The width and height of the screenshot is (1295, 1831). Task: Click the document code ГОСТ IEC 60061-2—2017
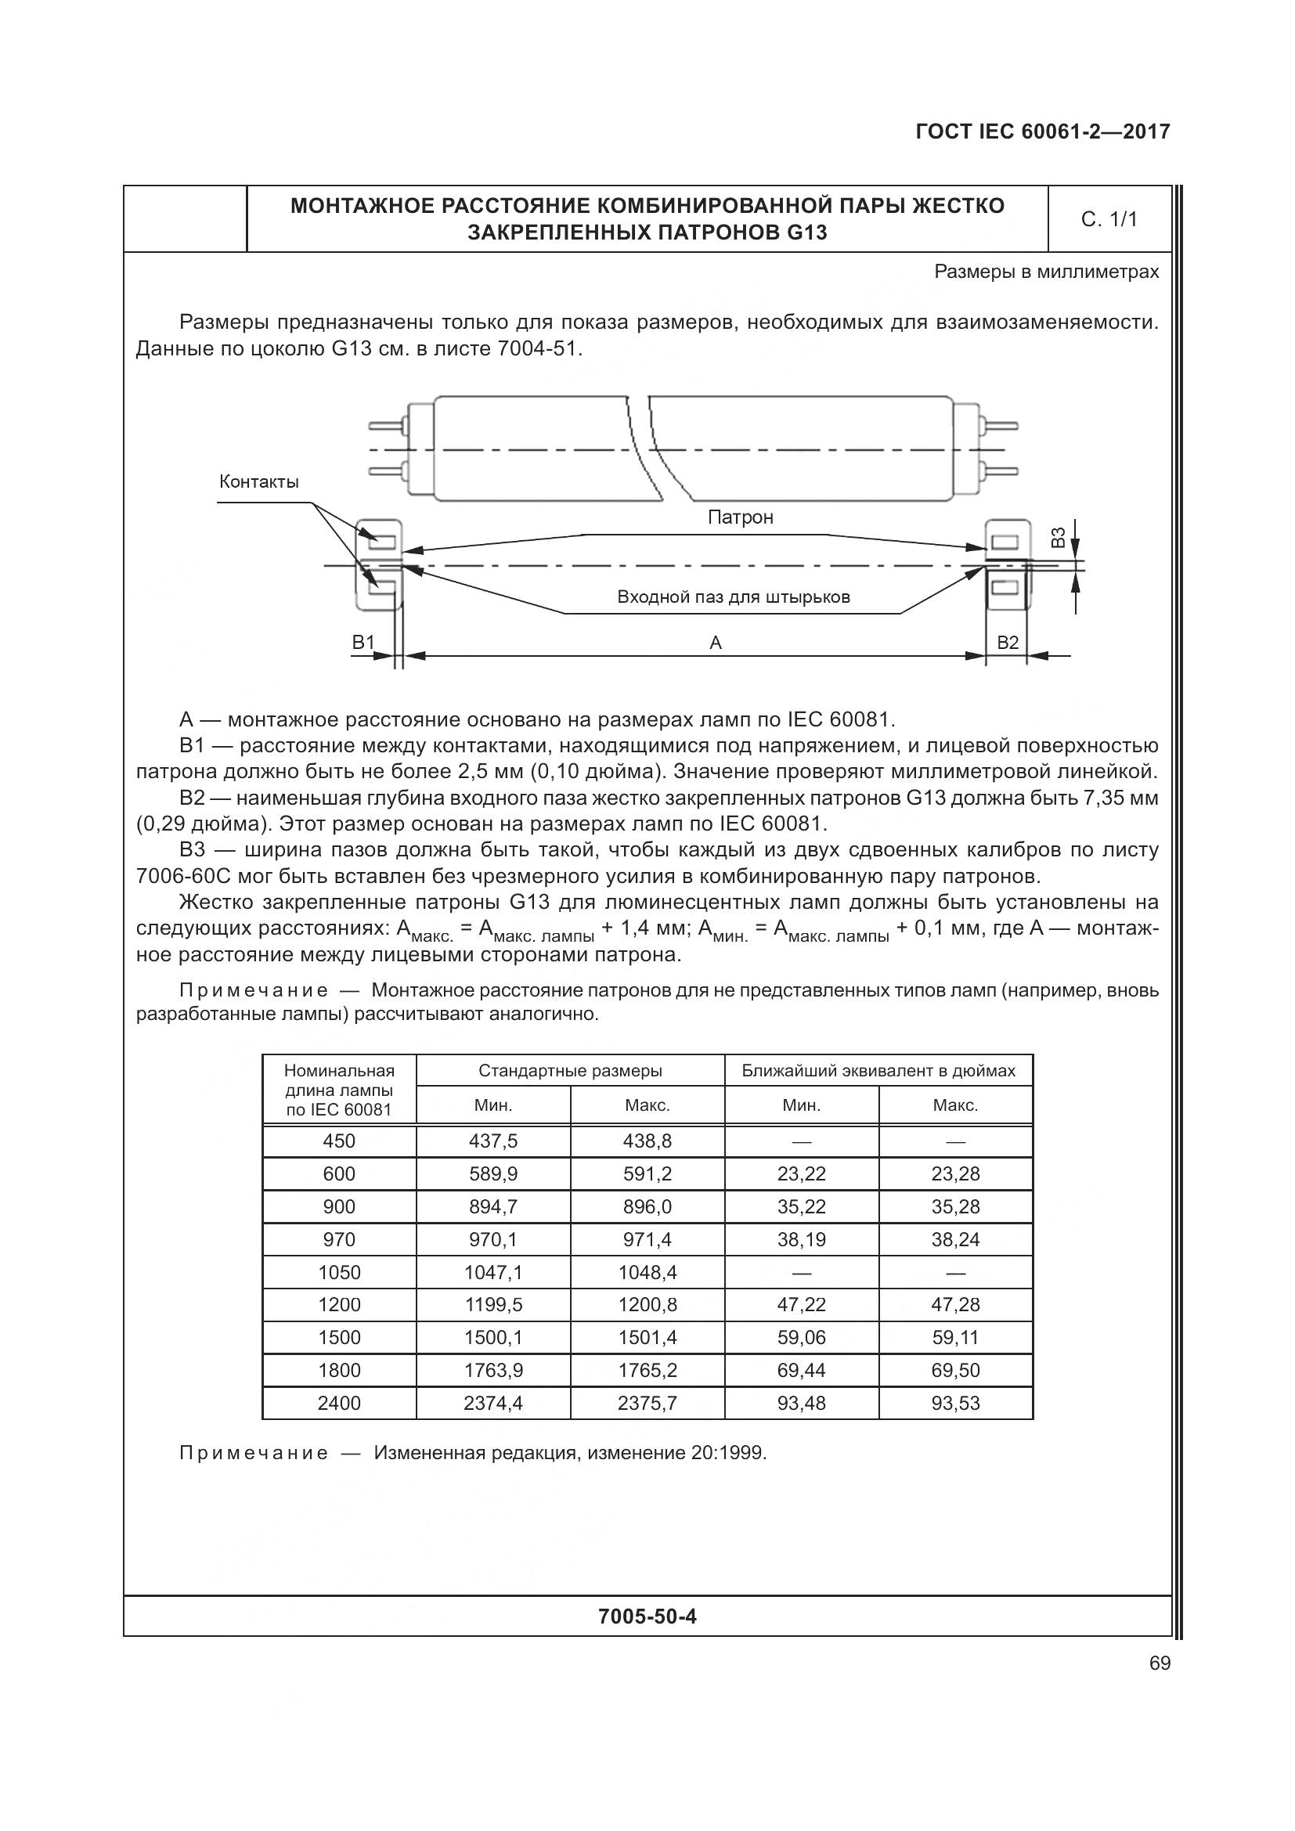(x=1042, y=132)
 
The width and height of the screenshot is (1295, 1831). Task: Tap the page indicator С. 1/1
(x=1109, y=219)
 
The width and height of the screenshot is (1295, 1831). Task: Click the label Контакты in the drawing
(x=259, y=481)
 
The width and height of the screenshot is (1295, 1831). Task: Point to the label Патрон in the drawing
(x=740, y=517)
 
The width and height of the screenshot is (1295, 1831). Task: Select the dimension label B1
(x=363, y=642)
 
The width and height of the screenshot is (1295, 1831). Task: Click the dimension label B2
(x=1008, y=642)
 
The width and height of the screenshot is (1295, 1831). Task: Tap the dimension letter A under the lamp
(x=716, y=643)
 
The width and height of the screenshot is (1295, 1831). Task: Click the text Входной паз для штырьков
(x=733, y=597)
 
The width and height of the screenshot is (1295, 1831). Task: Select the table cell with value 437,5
(x=492, y=1141)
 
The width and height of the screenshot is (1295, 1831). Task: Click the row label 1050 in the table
(x=339, y=1272)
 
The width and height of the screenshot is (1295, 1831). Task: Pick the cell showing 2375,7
(x=647, y=1403)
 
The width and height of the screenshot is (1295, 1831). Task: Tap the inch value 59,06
(x=801, y=1337)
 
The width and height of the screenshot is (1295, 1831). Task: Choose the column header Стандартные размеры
(x=570, y=1071)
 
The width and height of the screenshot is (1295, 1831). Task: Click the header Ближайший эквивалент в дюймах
(x=878, y=1071)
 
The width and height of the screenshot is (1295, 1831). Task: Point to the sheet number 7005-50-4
(x=647, y=1617)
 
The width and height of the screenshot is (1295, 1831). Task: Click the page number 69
(x=1160, y=1663)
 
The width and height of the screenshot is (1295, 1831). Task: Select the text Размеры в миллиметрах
(x=1046, y=272)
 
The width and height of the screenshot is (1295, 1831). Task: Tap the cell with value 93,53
(x=954, y=1403)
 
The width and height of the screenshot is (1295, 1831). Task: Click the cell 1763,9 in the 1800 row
(x=492, y=1370)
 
